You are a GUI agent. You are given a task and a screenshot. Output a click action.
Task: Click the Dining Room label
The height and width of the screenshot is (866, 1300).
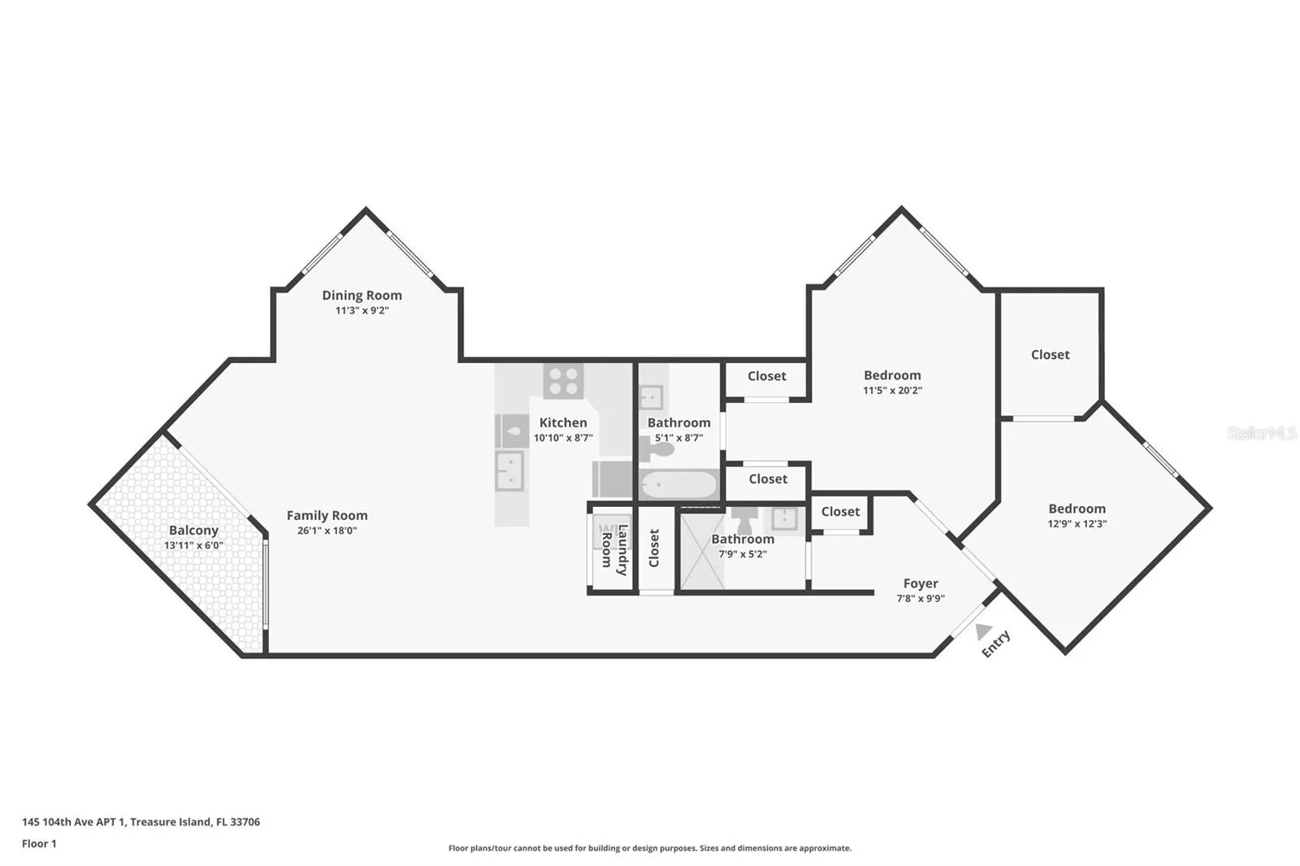tap(362, 295)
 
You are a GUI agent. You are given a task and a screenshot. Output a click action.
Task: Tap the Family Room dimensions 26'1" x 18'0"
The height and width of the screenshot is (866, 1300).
tap(327, 530)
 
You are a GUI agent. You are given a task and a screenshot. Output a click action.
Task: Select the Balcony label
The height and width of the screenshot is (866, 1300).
tap(194, 530)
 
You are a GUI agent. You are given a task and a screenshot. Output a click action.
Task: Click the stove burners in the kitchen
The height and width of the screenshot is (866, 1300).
tap(564, 381)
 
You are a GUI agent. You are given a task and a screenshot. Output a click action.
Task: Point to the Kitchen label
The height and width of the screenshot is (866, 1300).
tap(563, 422)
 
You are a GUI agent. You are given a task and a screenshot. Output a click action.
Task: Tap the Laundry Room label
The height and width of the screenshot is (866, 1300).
tap(614, 550)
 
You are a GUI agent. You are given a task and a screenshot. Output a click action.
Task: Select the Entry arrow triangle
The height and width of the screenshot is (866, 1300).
tap(983, 631)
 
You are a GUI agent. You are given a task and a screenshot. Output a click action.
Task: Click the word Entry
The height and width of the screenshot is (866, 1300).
tap(996, 643)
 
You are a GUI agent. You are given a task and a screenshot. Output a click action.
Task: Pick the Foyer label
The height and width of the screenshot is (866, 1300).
tap(921, 582)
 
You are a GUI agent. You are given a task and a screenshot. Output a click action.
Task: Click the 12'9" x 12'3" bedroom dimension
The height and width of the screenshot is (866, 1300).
tap(1077, 523)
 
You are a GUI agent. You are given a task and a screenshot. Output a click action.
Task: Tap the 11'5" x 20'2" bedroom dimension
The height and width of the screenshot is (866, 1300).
tap(893, 390)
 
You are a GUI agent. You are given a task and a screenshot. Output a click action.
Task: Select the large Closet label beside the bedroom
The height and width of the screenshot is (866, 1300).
tap(1051, 354)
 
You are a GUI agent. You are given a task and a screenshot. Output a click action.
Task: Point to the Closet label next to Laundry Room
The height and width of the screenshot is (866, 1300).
tap(654, 548)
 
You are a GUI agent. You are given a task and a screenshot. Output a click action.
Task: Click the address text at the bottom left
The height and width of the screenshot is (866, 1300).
tap(141, 822)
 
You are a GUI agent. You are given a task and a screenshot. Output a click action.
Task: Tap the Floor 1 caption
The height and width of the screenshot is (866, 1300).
tap(39, 844)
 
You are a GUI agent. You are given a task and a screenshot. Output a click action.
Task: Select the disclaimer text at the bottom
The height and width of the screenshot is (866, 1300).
tap(650, 848)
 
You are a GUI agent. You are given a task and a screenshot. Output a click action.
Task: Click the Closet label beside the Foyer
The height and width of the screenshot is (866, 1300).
tap(840, 511)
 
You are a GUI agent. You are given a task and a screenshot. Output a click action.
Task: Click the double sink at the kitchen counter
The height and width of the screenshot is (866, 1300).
tap(510, 470)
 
